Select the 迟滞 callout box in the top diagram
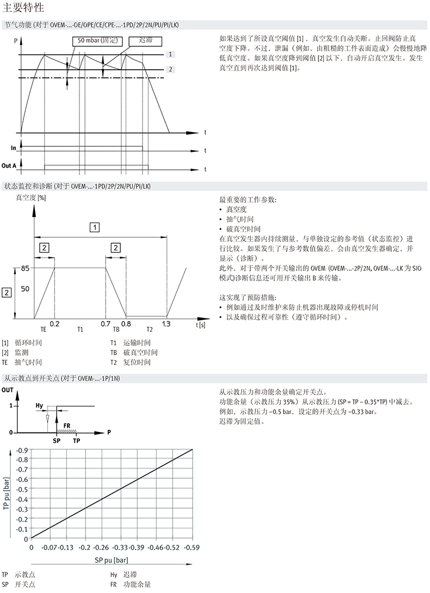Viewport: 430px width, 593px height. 145,40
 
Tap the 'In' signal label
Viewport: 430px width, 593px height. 14,148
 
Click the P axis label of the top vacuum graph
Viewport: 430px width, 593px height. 16,39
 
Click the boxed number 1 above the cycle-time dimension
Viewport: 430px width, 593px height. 95,227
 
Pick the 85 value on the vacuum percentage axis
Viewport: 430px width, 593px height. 25,268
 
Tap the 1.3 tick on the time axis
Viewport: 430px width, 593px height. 167,323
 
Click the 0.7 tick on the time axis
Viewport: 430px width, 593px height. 106,323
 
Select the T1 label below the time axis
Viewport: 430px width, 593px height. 80,330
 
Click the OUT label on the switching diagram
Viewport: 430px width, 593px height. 8,390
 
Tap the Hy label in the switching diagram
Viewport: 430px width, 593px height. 39,405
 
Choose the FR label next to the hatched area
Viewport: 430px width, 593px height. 67,425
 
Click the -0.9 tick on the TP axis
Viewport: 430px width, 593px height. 21,450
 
